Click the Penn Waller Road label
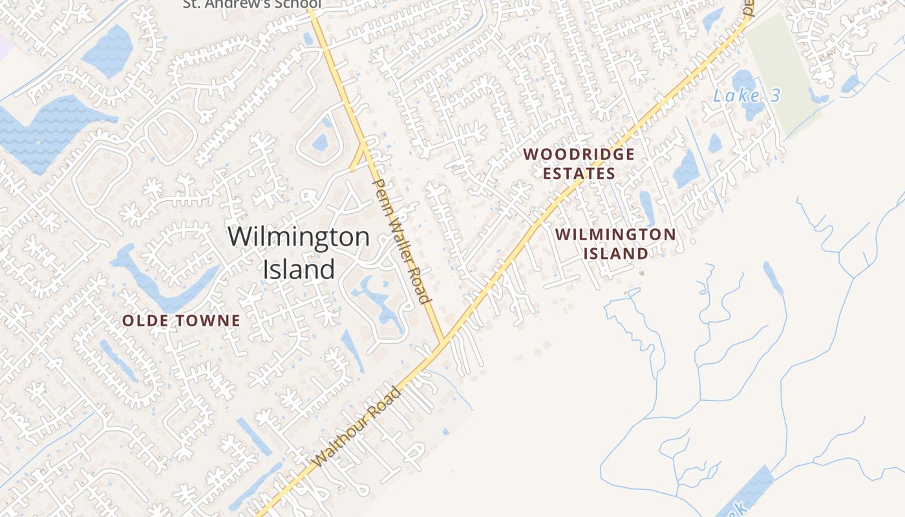401,242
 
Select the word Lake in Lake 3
735,96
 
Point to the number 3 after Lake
774,96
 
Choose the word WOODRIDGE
579,154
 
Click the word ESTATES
579,174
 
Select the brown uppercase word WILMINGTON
615,234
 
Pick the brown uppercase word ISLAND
615,253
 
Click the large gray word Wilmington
298,237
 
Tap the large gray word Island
298,269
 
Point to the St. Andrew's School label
252,4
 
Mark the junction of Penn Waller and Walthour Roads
443,343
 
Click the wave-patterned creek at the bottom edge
750,494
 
